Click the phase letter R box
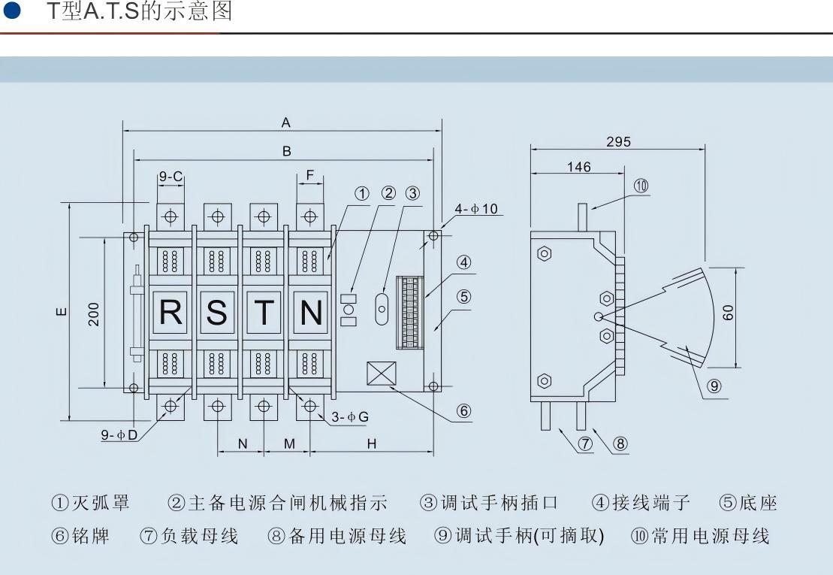(x=171, y=311)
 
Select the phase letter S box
(x=217, y=311)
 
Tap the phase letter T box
(x=264, y=311)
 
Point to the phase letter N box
(x=310, y=311)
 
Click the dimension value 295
(x=618, y=141)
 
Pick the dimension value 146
(x=578, y=167)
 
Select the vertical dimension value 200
(x=94, y=313)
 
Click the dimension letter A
(x=285, y=123)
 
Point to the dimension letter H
(x=371, y=444)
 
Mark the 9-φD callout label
(x=120, y=436)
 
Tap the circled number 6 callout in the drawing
(x=464, y=410)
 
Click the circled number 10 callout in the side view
(x=641, y=186)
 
